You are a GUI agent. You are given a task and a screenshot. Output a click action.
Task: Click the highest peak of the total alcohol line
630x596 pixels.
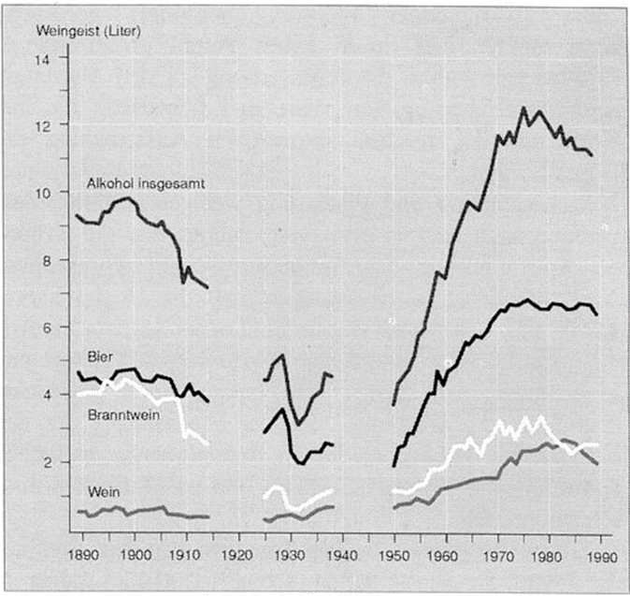[x=523, y=108]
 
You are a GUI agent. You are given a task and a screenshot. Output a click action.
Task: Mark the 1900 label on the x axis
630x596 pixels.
[x=135, y=553]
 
